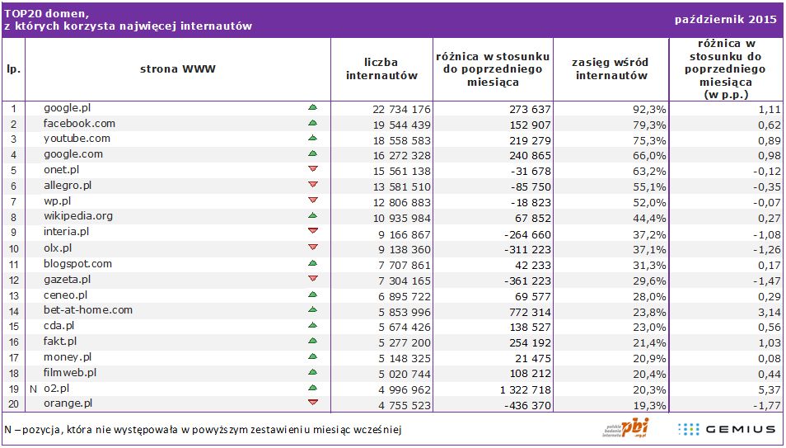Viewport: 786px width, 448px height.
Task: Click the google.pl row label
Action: coord(67,108)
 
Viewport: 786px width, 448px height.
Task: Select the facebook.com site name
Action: coord(79,124)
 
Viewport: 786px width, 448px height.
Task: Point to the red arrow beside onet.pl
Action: coord(312,169)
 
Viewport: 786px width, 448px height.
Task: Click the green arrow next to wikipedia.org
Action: coord(312,216)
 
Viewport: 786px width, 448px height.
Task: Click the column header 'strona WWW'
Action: coord(177,69)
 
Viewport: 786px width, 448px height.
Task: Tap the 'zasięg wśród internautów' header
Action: coord(611,69)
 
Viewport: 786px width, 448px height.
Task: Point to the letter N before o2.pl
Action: coord(33,389)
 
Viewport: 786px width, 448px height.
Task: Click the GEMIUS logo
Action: coord(727,429)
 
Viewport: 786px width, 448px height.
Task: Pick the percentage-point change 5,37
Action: coord(768,389)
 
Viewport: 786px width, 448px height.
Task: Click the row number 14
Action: coord(13,311)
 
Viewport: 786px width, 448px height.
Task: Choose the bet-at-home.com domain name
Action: coord(88,310)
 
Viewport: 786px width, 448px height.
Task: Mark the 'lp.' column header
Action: coord(13,69)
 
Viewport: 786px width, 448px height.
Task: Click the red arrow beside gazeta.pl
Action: coord(312,278)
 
